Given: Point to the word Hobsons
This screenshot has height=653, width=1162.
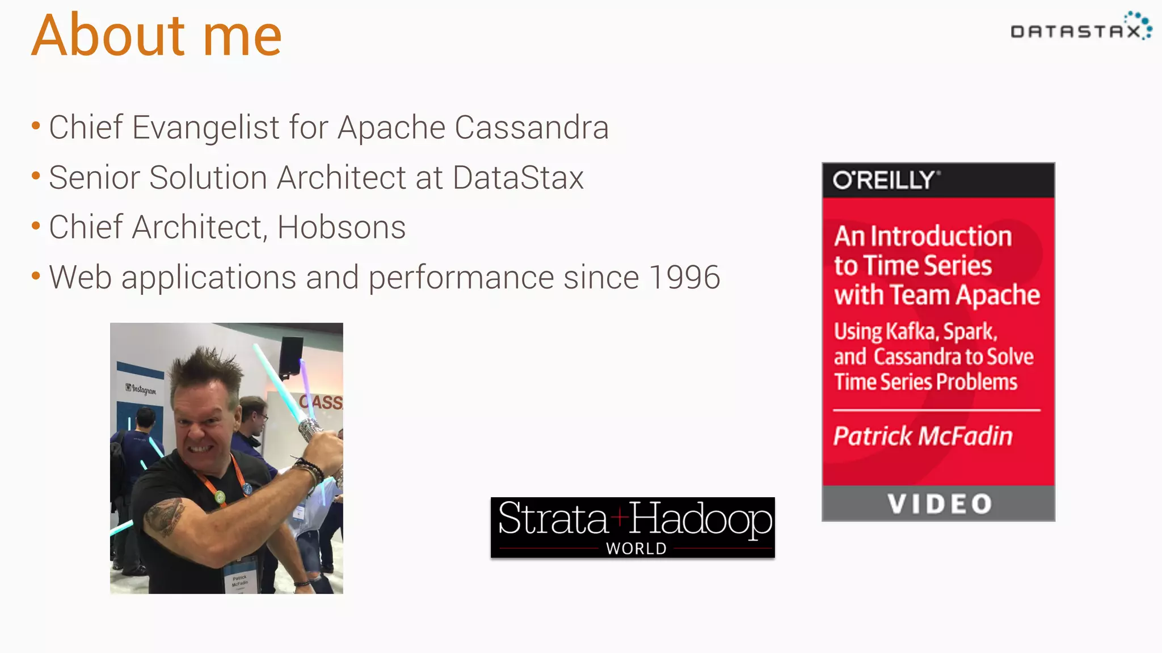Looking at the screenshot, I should click(x=341, y=227).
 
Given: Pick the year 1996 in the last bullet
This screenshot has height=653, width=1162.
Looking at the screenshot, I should click(x=684, y=277).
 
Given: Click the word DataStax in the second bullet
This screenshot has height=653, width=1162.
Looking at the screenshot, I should click(x=518, y=177).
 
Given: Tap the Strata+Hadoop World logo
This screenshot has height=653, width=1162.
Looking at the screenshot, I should click(x=633, y=527).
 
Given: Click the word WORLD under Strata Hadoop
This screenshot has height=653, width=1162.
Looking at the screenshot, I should click(x=636, y=549).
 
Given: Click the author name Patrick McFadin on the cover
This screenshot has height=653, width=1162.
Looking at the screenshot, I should click(x=923, y=436).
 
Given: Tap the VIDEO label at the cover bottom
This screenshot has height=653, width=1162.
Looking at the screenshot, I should click(x=939, y=504).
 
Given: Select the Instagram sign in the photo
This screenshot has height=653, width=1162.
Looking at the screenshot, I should click(x=141, y=389).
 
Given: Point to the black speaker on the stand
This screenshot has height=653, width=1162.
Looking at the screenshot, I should click(x=291, y=355).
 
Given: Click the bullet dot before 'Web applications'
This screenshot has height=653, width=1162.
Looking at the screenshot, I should click(x=36, y=277).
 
